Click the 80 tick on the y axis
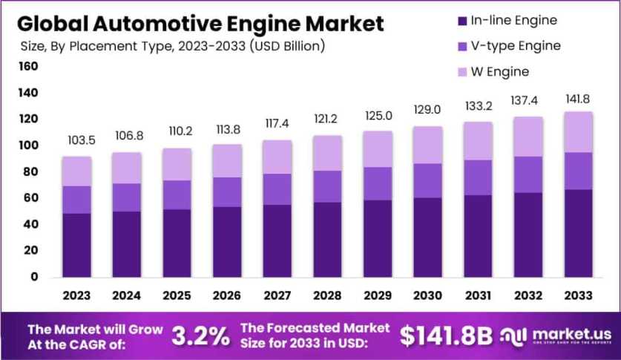(x=30, y=172)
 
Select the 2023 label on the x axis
(x=77, y=295)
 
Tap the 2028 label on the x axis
(x=327, y=295)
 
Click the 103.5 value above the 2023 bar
(x=77, y=140)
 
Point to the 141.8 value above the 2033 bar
(x=578, y=99)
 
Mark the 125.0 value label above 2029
(x=377, y=116)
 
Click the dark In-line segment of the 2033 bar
(x=578, y=234)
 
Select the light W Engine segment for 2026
(x=227, y=160)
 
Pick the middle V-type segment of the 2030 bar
(x=427, y=180)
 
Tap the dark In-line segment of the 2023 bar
(x=77, y=245)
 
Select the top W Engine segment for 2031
(x=478, y=140)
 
